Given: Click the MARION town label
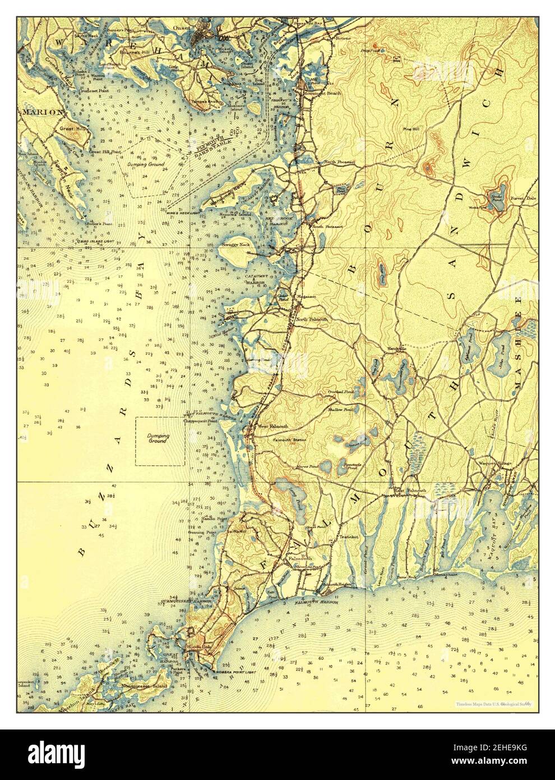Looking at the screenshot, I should click(x=41, y=112).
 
